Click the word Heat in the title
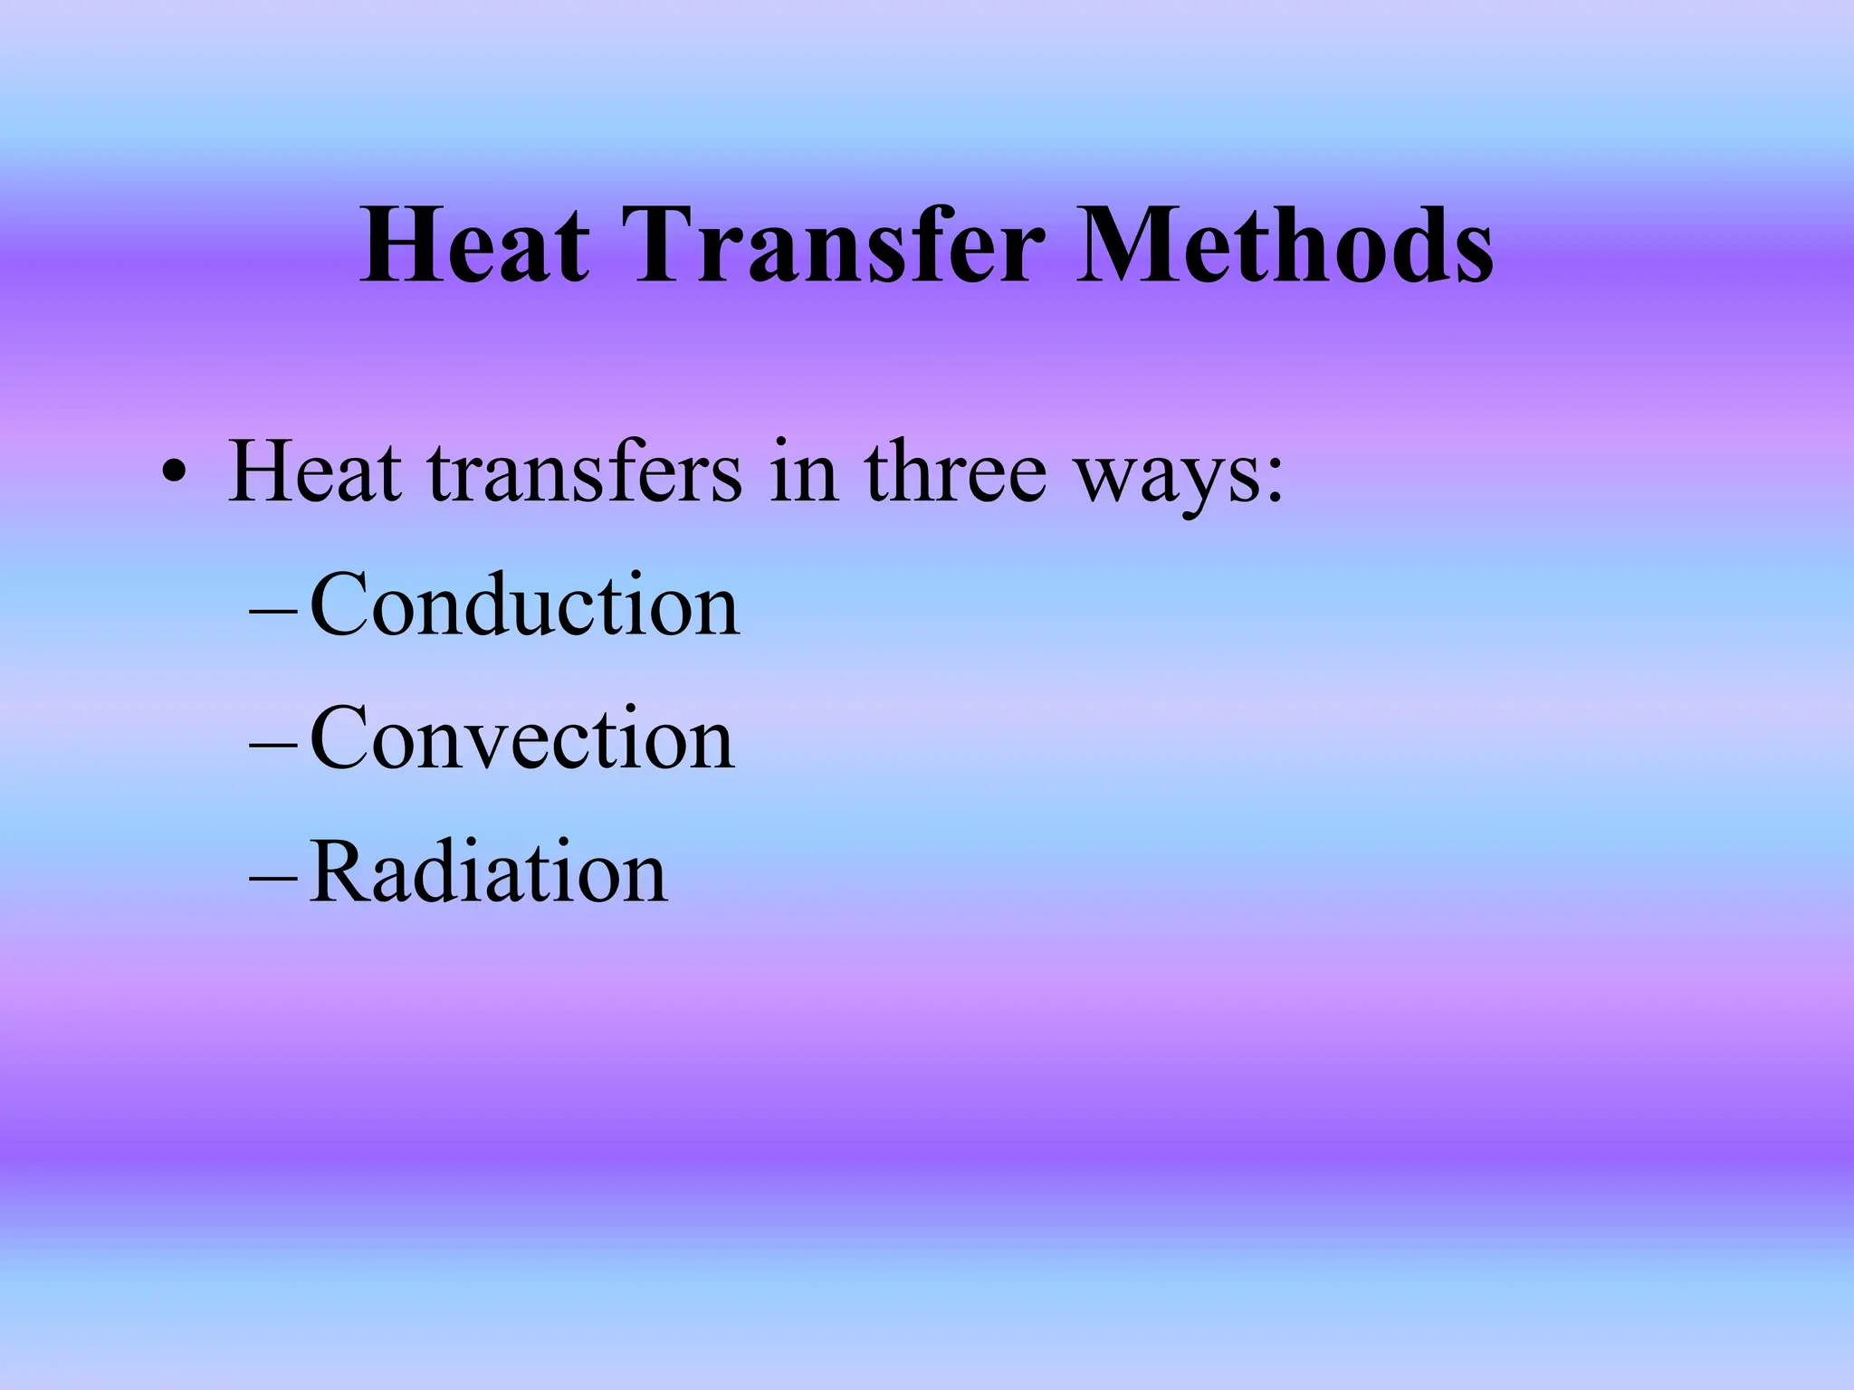475,246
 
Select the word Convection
521,740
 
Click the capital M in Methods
1127,246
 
